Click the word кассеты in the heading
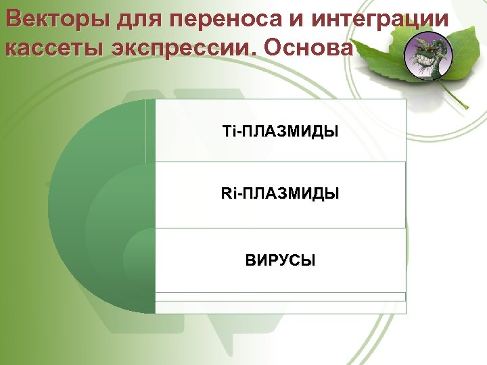(x=49, y=49)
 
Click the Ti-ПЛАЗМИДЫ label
(x=280, y=130)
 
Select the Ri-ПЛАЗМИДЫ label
(x=280, y=195)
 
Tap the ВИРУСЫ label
(x=280, y=260)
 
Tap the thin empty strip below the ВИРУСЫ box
(x=280, y=296)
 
